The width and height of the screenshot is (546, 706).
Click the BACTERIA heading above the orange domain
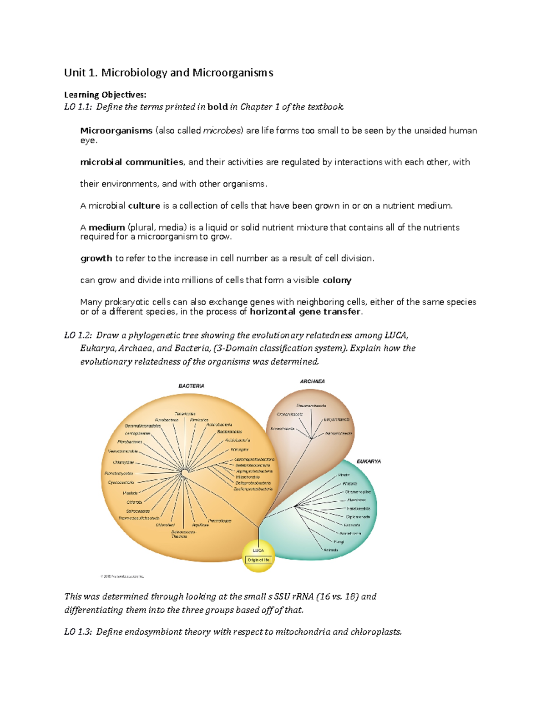[191, 386]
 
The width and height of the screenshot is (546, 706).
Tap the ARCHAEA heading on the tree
[312, 381]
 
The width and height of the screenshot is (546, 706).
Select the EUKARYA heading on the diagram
[369, 461]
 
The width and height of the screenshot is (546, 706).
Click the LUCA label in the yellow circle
[258, 551]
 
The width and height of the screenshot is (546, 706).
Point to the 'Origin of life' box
[258, 560]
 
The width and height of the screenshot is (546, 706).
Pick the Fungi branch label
[339, 542]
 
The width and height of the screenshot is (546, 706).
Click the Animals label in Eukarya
[331, 550]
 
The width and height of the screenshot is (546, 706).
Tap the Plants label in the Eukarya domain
[344, 475]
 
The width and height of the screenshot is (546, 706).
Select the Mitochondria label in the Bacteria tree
[248, 477]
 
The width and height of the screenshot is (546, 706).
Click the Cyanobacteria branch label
[121, 482]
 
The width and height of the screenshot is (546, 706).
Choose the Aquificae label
[200, 525]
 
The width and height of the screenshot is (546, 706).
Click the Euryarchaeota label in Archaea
[337, 420]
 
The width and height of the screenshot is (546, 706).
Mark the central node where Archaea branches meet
[312, 439]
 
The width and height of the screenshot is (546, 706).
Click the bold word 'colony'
[337, 280]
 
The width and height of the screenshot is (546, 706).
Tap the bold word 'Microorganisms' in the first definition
[116, 130]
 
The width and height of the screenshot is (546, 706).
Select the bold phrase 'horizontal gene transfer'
[305, 312]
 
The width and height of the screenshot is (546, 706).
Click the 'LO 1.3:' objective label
[78, 632]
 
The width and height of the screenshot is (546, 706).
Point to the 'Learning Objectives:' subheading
[105, 95]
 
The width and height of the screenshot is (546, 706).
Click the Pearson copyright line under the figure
[122, 576]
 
